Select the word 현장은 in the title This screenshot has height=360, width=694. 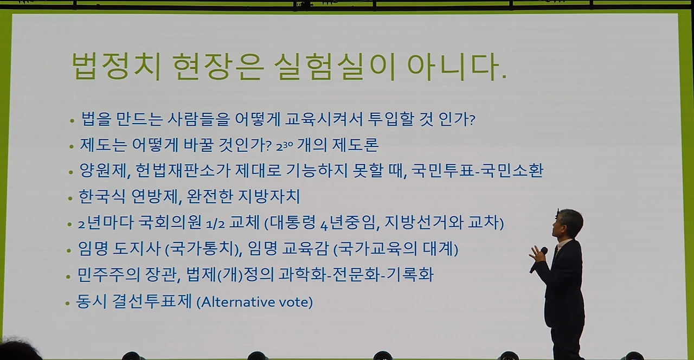218,66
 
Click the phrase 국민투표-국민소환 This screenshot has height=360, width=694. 477,170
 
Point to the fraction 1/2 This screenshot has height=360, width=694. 215,223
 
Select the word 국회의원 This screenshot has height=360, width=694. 170,222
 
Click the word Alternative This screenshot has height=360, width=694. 236,302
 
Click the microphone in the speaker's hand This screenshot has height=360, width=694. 538,260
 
